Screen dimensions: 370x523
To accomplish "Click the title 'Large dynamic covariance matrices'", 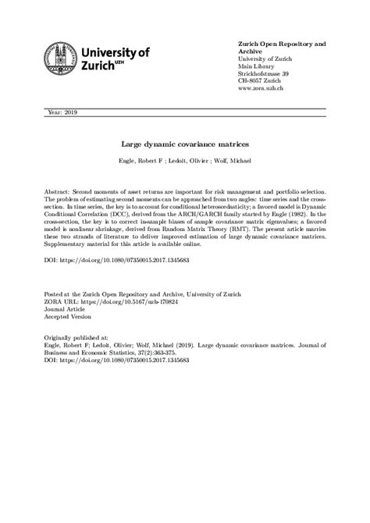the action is pyautogui.click(x=184, y=144).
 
